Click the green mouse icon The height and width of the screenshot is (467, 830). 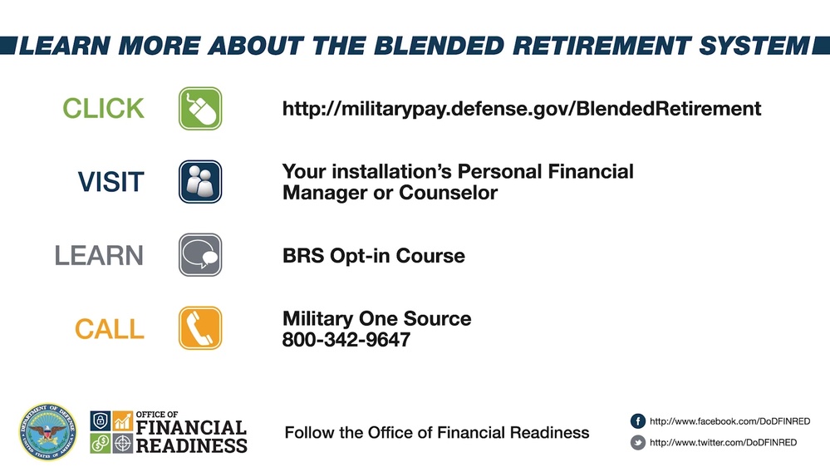(x=200, y=108)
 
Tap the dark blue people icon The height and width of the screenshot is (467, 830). (x=200, y=181)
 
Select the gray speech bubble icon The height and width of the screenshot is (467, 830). (x=200, y=254)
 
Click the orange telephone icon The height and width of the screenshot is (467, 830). (x=200, y=327)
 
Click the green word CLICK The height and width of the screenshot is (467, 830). (x=103, y=108)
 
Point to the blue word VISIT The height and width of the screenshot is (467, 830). (x=110, y=182)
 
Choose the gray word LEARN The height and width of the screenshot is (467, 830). (x=99, y=255)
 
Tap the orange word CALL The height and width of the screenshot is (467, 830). (x=109, y=328)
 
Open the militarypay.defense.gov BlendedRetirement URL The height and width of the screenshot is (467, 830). (x=522, y=109)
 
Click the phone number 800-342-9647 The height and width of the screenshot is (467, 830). (x=346, y=340)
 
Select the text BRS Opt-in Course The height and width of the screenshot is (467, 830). (x=373, y=255)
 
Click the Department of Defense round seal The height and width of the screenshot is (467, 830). (x=47, y=432)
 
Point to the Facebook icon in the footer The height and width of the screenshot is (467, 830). (x=638, y=421)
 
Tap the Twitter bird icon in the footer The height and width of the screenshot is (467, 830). (x=638, y=443)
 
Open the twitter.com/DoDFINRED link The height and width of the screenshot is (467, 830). (x=723, y=443)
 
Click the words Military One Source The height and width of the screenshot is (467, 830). (x=376, y=319)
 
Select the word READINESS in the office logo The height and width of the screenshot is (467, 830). (x=191, y=445)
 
